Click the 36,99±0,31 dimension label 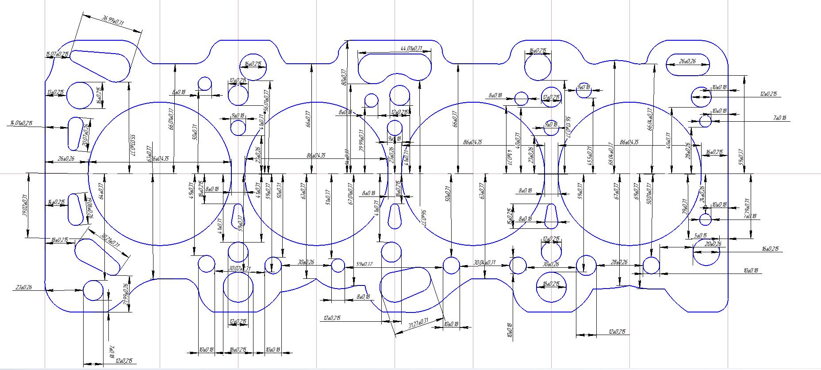113,20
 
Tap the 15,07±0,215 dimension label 58,54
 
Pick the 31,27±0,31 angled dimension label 418,323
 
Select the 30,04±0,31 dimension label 484,263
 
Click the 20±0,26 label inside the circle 713,244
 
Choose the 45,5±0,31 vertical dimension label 589,156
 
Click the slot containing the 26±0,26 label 687,65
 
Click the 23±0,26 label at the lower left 24,287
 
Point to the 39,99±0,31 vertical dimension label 361,141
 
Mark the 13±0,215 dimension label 56,92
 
